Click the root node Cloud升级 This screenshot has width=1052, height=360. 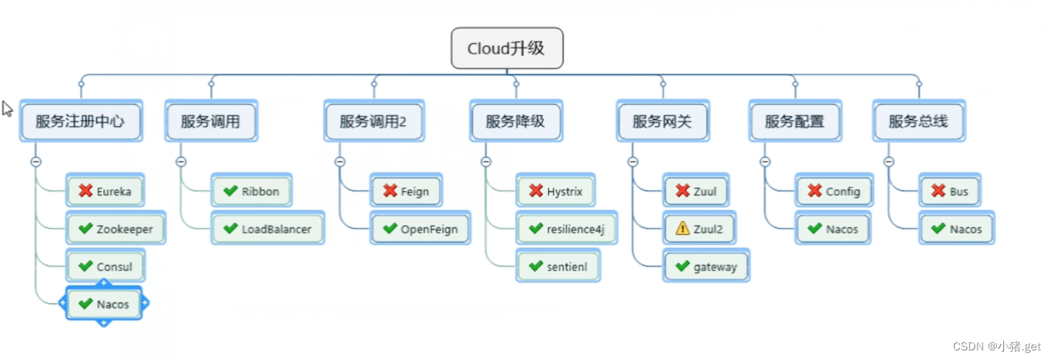click(x=507, y=49)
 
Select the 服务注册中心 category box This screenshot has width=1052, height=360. click(x=80, y=121)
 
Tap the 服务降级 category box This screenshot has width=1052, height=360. click(x=515, y=121)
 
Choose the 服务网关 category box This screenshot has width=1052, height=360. click(x=662, y=121)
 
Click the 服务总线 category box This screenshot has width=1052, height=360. click(x=918, y=121)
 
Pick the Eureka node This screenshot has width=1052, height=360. click(x=105, y=192)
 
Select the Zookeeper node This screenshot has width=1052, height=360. click(x=116, y=229)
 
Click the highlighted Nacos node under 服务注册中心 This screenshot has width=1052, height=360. click(x=104, y=304)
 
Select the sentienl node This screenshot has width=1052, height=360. click(x=558, y=266)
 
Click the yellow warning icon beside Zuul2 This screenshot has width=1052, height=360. click(x=683, y=229)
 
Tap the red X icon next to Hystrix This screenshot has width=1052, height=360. click(x=536, y=192)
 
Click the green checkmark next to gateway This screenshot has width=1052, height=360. click(x=683, y=266)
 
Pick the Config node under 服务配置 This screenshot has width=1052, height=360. click(x=834, y=192)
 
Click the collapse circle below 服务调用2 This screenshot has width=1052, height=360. click(x=339, y=162)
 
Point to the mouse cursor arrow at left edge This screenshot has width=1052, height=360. click(x=7, y=108)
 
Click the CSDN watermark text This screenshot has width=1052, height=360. click(x=996, y=347)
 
